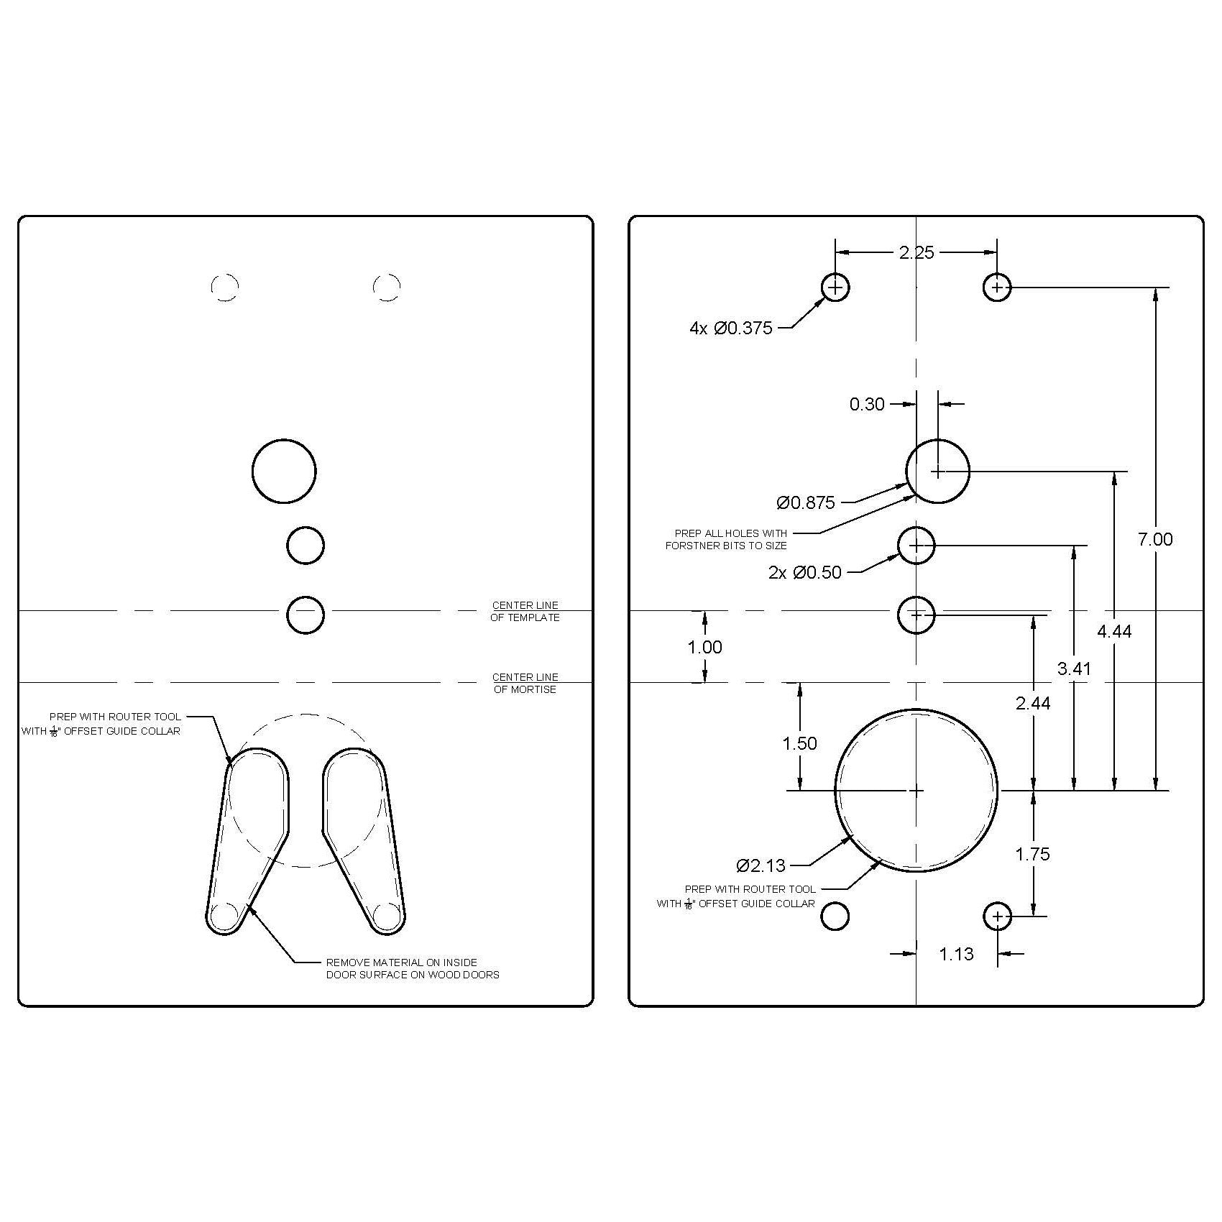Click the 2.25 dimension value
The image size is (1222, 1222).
tap(916, 252)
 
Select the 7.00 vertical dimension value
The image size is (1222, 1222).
tap(1155, 539)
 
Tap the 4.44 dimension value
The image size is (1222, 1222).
tap(1114, 631)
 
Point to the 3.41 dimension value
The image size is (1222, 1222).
tap(1074, 669)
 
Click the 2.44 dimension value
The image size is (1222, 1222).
tap(1033, 703)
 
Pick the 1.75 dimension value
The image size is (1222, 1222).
tap(1032, 854)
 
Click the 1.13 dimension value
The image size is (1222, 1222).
tap(956, 954)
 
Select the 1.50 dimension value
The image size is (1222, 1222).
tap(799, 743)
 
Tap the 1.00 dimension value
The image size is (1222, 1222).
tap(704, 647)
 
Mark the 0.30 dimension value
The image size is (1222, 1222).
tap(867, 404)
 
